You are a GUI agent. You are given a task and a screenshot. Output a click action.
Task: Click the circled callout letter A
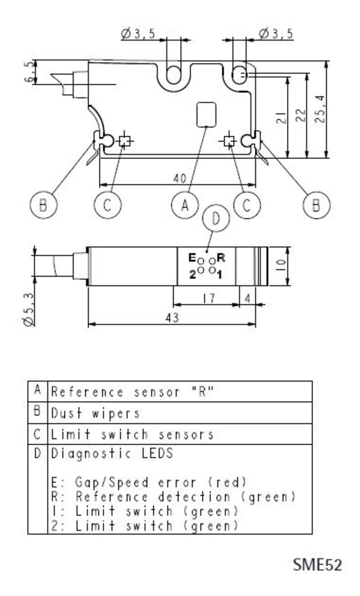184,205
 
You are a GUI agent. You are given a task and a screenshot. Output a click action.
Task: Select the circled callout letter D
216,218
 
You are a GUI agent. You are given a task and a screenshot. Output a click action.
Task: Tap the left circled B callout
43,205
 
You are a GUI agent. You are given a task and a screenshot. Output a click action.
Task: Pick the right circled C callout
247,205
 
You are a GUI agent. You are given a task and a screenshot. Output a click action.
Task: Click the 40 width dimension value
180,178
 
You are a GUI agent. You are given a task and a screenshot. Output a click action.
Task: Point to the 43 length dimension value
172,318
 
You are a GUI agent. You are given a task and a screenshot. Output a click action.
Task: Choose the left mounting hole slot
173,74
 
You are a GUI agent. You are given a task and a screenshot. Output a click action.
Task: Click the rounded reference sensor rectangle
207,114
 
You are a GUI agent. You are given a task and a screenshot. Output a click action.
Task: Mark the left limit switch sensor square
124,141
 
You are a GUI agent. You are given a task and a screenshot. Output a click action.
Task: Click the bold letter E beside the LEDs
192,258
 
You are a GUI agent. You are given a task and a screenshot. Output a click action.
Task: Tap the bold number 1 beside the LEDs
220,275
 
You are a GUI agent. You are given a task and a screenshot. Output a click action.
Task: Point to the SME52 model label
317,565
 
